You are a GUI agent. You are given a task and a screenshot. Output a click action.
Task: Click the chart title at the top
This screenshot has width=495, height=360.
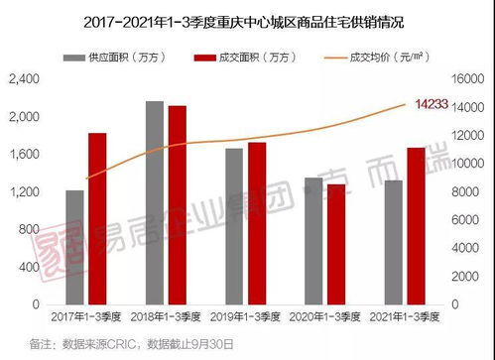(247, 19)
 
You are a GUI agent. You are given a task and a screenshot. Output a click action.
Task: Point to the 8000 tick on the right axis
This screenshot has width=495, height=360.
(470, 191)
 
